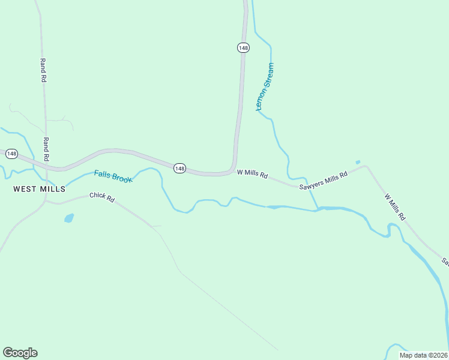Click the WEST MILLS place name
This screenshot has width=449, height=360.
pyautogui.click(x=39, y=188)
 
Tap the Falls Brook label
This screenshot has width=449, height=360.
pyautogui.click(x=112, y=176)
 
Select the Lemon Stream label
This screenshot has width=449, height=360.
pyautogui.click(x=265, y=87)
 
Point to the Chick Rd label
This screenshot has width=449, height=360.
pyautogui.click(x=101, y=197)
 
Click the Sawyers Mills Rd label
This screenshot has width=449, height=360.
pyautogui.click(x=324, y=181)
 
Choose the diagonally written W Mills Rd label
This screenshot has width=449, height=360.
pyautogui.click(x=395, y=207)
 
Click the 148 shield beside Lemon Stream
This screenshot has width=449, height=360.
pyautogui.click(x=243, y=47)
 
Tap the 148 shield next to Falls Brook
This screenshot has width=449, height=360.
pyautogui.click(x=179, y=168)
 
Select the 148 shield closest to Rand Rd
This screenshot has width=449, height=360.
pyautogui.click(x=11, y=154)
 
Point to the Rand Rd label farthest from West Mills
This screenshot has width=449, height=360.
pyautogui.click(x=43, y=70)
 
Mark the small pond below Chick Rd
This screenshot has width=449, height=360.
pyautogui.click(x=68, y=218)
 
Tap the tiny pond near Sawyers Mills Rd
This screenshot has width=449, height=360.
pyautogui.click(x=358, y=162)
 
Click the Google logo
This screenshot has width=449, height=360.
pyautogui.click(x=20, y=353)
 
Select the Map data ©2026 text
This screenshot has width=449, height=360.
pyautogui.click(x=423, y=355)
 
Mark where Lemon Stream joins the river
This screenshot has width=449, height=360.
pyautogui.click(x=318, y=209)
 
